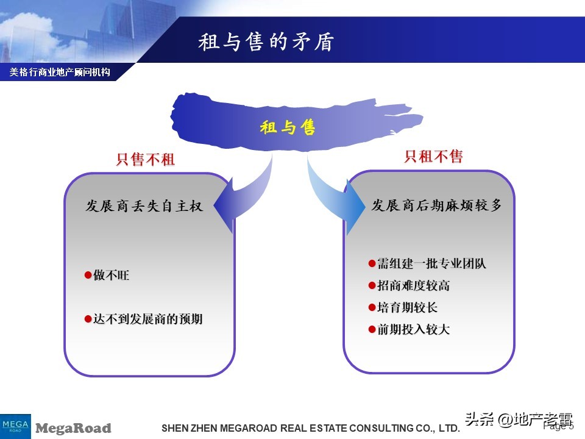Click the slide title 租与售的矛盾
click(x=266, y=42)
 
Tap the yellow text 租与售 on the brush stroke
click(x=288, y=127)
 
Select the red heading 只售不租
click(x=146, y=160)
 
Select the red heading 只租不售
click(x=434, y=157)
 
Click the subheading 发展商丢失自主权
click(x=144, y=206)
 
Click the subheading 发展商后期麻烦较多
click(x=437, y=205)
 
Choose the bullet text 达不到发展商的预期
click(x=147, y=319)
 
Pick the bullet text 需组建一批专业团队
click(x=431, y=263)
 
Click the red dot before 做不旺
click(x=88, y=276)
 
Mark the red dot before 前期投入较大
click(x=372, y=329)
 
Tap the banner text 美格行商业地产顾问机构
click(x=60, y=72)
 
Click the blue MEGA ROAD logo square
click(x=15, y=426)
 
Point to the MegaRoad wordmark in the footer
click(x=74, y=428)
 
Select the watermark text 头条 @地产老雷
click(x=519, y=420)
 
